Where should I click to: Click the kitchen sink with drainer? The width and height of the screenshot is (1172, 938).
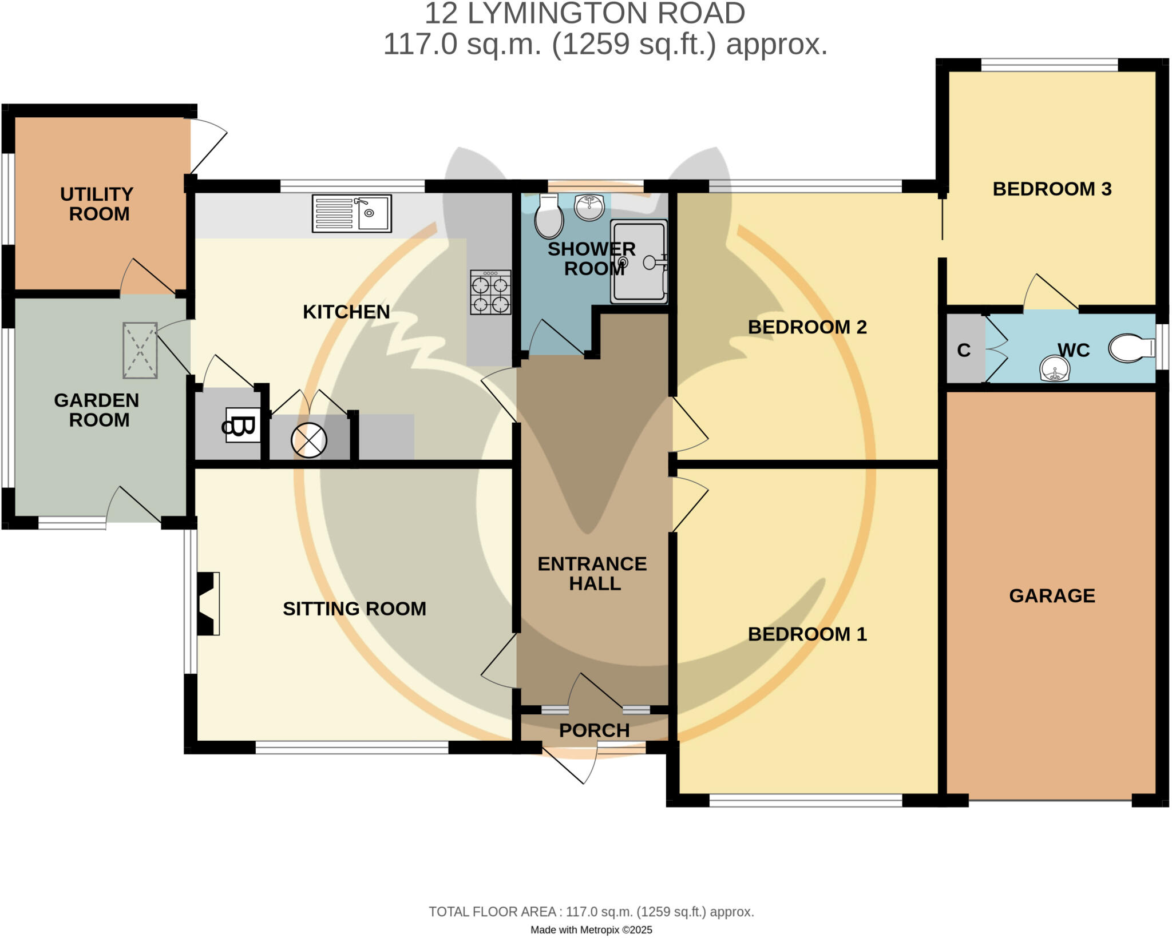(352, 213)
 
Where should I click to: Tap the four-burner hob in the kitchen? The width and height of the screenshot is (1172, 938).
(490, 292)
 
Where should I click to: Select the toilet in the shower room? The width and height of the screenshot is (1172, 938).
(549, 216)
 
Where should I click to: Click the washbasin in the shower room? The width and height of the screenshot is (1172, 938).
(589, 207)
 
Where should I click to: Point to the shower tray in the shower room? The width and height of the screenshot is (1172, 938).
(639, 261)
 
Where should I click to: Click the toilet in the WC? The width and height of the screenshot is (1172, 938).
(1131, 348)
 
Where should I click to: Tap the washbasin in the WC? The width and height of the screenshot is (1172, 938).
(1055, 369)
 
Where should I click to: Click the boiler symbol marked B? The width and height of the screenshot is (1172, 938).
(243, 425)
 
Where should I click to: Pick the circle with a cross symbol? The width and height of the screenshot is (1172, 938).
(309, 440)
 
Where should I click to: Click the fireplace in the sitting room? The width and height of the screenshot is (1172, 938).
(208, 604)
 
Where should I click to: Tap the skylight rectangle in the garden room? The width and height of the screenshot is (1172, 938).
(140, 351)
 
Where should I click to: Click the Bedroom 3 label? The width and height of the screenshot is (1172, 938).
(1052, 189)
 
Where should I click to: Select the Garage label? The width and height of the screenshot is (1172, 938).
(1052, 595)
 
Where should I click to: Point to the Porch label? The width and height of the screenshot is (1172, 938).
(594, 730)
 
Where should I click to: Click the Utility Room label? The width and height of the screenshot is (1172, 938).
(97, 204)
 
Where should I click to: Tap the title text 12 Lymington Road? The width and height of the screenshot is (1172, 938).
(585, 13)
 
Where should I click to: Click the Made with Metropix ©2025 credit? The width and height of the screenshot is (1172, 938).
(591, 930)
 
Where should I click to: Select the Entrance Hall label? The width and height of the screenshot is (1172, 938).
(592, 574)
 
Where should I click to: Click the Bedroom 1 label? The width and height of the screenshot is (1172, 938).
(807, 634)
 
